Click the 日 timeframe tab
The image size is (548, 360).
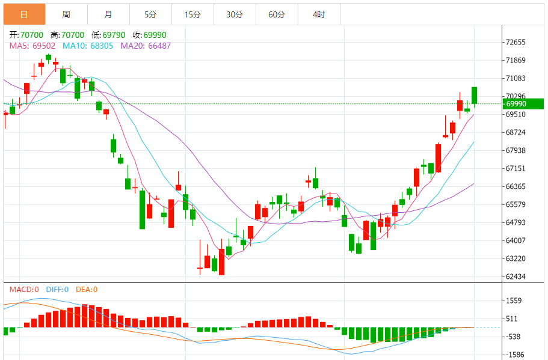point(24,14)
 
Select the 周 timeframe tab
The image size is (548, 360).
point(66,14)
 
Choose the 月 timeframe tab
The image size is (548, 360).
point(108,14)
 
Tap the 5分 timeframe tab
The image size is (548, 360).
point(150,14)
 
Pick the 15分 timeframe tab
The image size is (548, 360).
point(192,14)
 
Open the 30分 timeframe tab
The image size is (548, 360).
point(235,14)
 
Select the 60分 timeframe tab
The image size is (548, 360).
point(277,14)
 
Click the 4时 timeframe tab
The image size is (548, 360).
point(319,14)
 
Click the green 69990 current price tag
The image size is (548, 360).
point(523,104)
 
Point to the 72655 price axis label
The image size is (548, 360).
point(516,43)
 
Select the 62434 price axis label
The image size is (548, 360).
point(516,277)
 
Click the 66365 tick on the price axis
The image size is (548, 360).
point(516,187)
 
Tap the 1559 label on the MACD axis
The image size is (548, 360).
point(514,301)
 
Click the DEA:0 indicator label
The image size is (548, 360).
point(87,290)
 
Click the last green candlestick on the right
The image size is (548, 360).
point(475,96)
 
